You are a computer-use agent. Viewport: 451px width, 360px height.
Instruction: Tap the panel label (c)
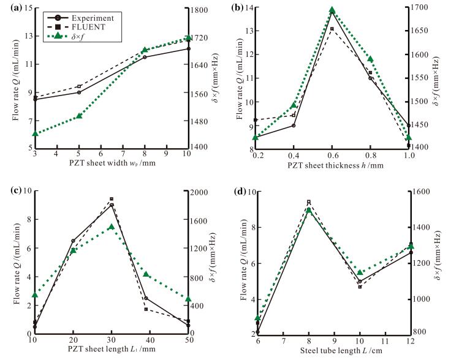[x=13, y=189]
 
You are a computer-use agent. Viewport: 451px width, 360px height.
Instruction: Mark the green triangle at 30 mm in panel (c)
[x=112, y=227]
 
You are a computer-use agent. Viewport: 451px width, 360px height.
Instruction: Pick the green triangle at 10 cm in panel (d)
[x=360, y=272]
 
